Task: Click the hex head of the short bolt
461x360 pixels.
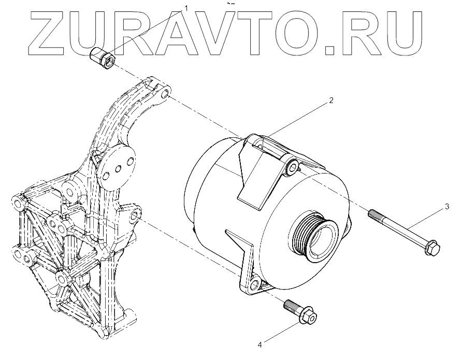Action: pos(310,317)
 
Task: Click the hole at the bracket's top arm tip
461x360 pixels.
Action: pos(164,95)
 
